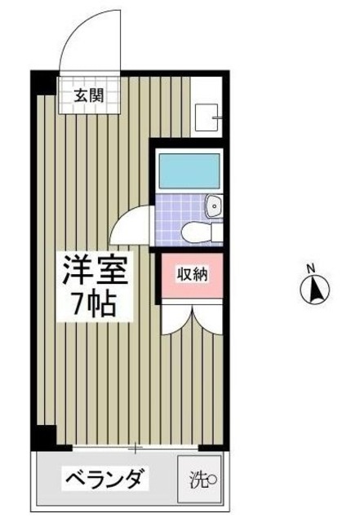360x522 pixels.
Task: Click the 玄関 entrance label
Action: (91, 93)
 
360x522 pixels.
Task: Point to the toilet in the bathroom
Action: (199, 231)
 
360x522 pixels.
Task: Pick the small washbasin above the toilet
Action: (214, 206)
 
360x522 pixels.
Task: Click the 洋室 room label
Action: (95, 270)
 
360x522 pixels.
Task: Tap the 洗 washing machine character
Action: (198, 480)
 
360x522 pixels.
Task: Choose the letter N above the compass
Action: (311, 268)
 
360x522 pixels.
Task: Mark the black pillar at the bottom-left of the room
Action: (46, 436)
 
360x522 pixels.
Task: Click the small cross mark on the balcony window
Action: (136, 447)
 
